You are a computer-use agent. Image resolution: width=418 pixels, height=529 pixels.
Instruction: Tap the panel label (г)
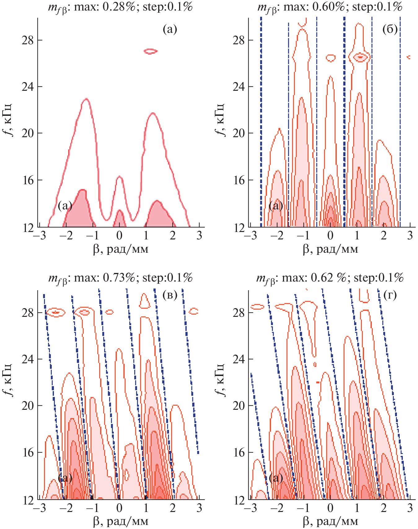coord(390,295)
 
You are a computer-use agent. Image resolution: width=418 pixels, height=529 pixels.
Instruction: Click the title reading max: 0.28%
coord(120,7)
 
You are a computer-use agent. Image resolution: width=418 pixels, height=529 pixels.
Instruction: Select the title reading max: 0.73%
coord(120,278)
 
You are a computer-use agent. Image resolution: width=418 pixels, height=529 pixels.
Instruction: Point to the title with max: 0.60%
coord(330,7)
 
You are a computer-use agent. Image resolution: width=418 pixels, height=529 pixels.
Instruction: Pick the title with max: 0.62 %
coord(330,278)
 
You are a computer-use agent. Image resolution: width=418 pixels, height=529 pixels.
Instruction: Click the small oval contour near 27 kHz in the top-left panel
coord(151,51)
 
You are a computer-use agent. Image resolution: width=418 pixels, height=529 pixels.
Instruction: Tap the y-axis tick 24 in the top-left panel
coord(28,87)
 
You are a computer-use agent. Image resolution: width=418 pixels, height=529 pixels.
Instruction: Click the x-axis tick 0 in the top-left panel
coord(119,236)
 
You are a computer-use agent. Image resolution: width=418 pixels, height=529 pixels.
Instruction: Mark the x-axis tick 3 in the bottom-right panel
coord(410,508)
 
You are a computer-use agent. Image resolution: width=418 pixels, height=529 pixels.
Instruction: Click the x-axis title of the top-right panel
coord(330,249)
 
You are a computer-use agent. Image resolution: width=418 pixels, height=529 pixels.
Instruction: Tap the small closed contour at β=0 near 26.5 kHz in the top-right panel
coord(331,58)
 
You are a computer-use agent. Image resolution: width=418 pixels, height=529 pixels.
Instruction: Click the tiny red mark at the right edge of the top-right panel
coord(409,57)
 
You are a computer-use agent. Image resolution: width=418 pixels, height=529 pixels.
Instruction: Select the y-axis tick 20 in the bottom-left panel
coord(28,406)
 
